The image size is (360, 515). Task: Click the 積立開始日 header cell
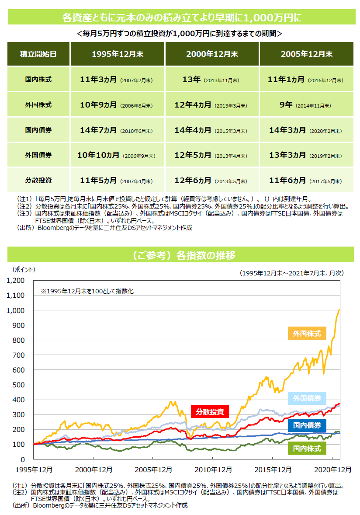click(x=38, y=54)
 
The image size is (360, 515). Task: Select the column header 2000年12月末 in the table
click(x=212, y=54)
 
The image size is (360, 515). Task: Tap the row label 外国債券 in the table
click(x=38, y=155)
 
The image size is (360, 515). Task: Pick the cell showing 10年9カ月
click(x=117, y=105)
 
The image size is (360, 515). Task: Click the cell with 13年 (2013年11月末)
click(x=212, y=80)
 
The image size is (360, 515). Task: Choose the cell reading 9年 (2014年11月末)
click(x=307, y=105)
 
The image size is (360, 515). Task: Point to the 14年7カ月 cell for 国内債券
click(x=117, y=130)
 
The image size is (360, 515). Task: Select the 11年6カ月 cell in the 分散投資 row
click(x=307, y=180)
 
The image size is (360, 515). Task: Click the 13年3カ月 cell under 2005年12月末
click(x=307, y=155)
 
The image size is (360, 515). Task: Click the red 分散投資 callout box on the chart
click(x=210, y=412)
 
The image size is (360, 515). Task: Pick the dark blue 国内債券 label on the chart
click(x=307, y=425)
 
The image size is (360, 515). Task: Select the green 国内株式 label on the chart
click(x=307, y=448)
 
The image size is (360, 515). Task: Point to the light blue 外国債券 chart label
click(x=307, y=398)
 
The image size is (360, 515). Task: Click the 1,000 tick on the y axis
click(x=16, y=310)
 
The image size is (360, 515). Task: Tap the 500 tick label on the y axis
click(x=20, y=385)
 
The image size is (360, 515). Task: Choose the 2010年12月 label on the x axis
click(x=213, y=470)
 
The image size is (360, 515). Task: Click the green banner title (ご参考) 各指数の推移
click(x=180, y=255)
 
